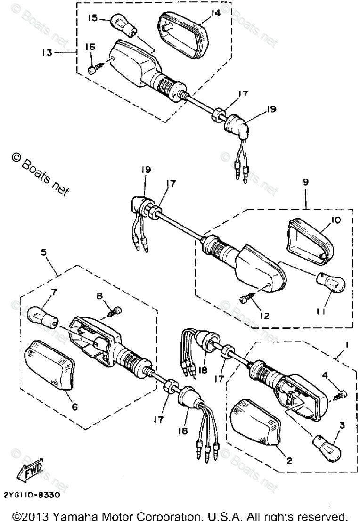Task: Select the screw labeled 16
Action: (x=93, y=69)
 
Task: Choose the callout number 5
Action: (x=43, y=252)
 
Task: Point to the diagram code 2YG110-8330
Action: (x=32, y=495)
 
